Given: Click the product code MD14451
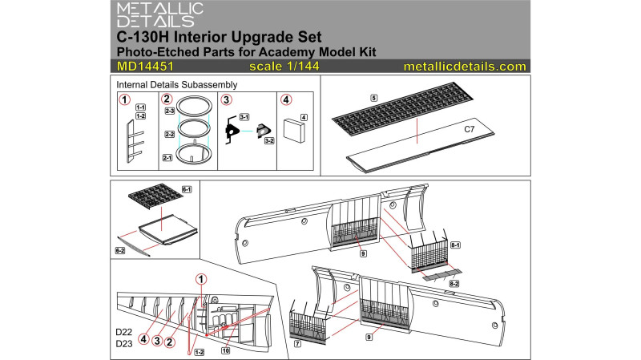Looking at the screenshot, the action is pyautogui.click(x=145, y=67).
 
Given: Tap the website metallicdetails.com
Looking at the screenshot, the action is pyautogui.click(x=465, y=67).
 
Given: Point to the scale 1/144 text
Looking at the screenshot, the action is pyautogui.click(x=284, y=67).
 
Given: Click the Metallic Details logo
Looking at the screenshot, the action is pyautogui.click(x=159, y=15).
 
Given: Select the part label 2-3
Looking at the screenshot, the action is pyautogui.click(x=170, y=111).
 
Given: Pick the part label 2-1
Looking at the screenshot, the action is pyautogui.click(x=167, y=157).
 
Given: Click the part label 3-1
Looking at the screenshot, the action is pyautogui.click(x=244, y=117).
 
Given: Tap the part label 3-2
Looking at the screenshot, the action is pyautogui.click(x=269, y=141).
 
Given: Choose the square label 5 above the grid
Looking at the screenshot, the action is pyautogui.click(x=373, y=98).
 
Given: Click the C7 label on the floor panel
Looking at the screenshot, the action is pyautogui.click(x=470, y=129).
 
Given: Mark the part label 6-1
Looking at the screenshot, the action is pyautogui.click(x=187, y=189).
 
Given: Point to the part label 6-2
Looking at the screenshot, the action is pyautogui.click(x=120, y=250).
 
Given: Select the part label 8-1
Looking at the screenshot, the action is pyautogui.click(x=455, y=245).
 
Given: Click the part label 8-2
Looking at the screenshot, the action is pyautogui.click(x=454, y=284).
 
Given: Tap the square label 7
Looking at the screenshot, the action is pyautogui.click(x=297, y=344).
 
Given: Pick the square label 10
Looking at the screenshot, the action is pyautogui.click(x=226, y=350).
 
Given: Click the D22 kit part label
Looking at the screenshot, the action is pyautogui.click(x=124, y=332).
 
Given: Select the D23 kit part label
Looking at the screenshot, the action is pyautogui.click(x=124, y=344).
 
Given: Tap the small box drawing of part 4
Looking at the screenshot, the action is pyautogui.click(x=294, y=131).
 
